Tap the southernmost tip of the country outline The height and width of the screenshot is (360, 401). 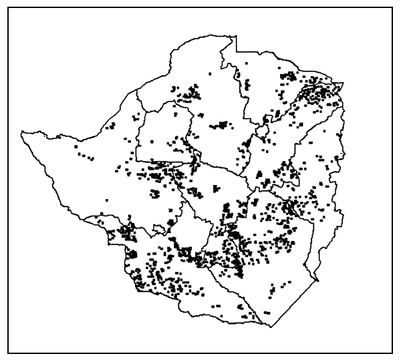271,327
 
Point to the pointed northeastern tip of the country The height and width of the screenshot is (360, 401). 344,81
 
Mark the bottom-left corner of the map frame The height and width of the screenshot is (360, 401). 8,351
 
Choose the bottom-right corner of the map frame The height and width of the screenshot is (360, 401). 392,351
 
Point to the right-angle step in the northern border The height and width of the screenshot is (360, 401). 235,47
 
